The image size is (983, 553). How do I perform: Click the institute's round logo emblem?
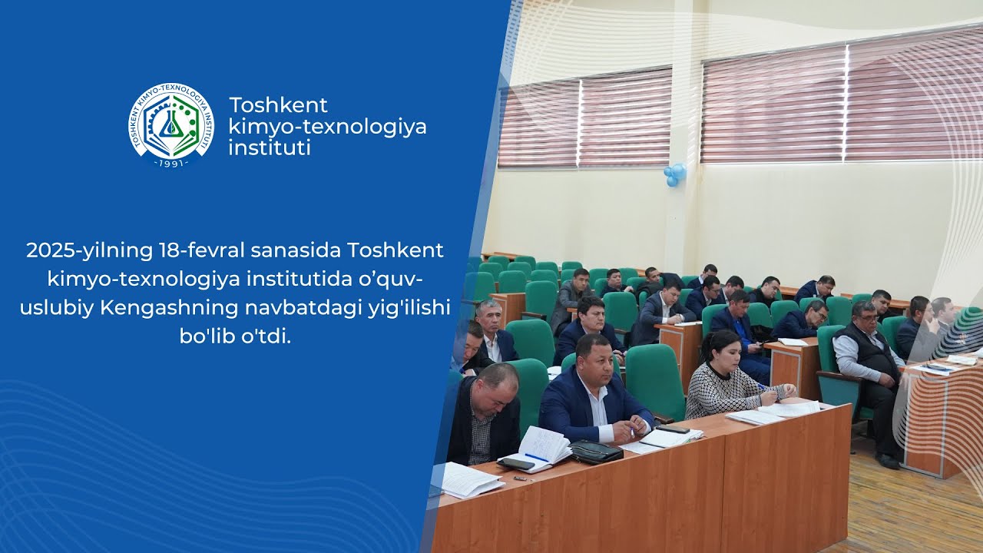point(170,122)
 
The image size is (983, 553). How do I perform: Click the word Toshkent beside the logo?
point(278,105)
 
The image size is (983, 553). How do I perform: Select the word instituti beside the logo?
point(270,147)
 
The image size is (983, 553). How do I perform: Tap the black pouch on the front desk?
point(595,452)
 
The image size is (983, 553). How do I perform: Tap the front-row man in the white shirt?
point(595,396)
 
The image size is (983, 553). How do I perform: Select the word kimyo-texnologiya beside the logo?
point(327,126)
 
